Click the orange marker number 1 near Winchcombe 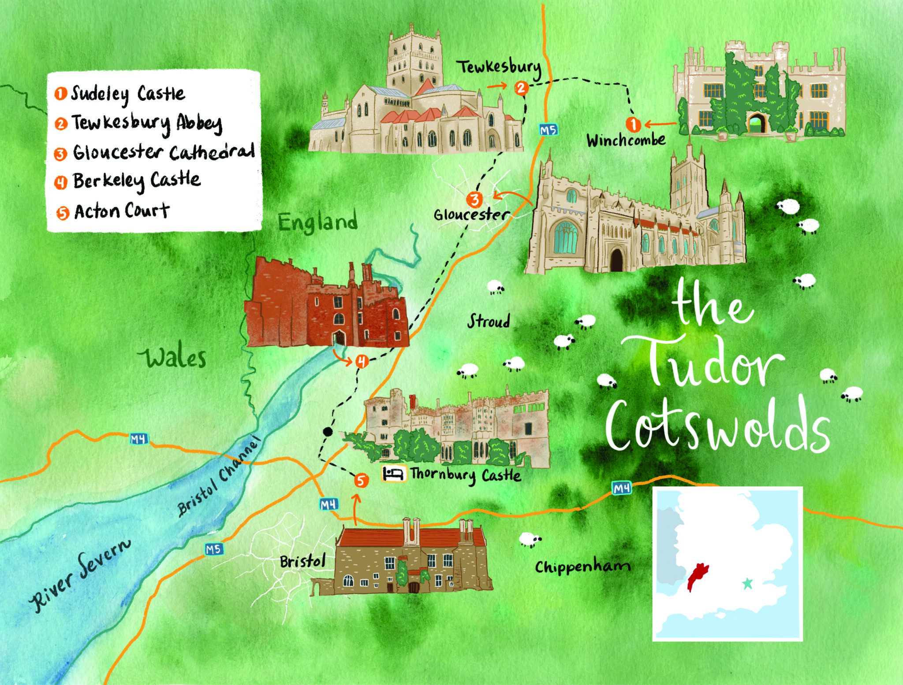click(x=633, y=125)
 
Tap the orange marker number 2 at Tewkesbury click(x=521, y=88)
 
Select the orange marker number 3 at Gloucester click(x=474, y=199)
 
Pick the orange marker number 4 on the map click(x=362, y=362)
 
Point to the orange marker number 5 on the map click(x=361, y=481)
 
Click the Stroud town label click(x=489, y=321)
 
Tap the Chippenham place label click(x=582, y=567)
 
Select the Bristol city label click(x=302, y=562)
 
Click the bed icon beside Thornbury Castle click(x=393, y=474)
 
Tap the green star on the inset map click(x=747, y=584)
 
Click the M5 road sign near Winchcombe click(x=548, y=130)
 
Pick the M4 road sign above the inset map click(x=621, y=488)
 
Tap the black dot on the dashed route click(x=327, y=431)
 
